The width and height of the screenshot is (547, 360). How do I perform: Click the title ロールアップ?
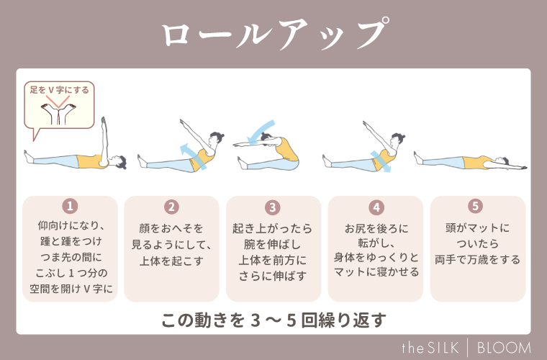tap(273, 34)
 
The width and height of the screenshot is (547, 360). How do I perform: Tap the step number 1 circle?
tap(70, 207)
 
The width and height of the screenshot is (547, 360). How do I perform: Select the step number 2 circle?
tap(171, 207)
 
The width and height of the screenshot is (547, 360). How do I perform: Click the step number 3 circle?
tap(273, 207)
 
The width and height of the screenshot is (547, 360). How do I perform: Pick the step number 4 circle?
tap(375, 207)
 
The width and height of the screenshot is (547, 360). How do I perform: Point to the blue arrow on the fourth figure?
tap(379, 160)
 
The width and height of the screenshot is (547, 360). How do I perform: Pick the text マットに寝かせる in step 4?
tap(375, 273)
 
